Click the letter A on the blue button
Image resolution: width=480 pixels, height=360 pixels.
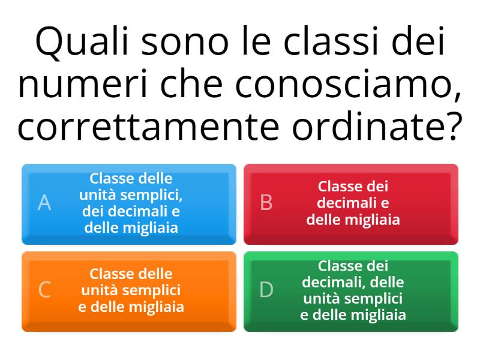click(x=44, y=203)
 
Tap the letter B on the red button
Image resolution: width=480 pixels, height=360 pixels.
click(x=266, y=203)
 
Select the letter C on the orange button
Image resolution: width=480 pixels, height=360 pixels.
click(x=44, y=290)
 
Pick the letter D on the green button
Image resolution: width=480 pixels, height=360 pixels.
click(x=266, y=290)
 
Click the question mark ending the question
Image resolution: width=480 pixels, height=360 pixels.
click(x=454, y=127)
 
